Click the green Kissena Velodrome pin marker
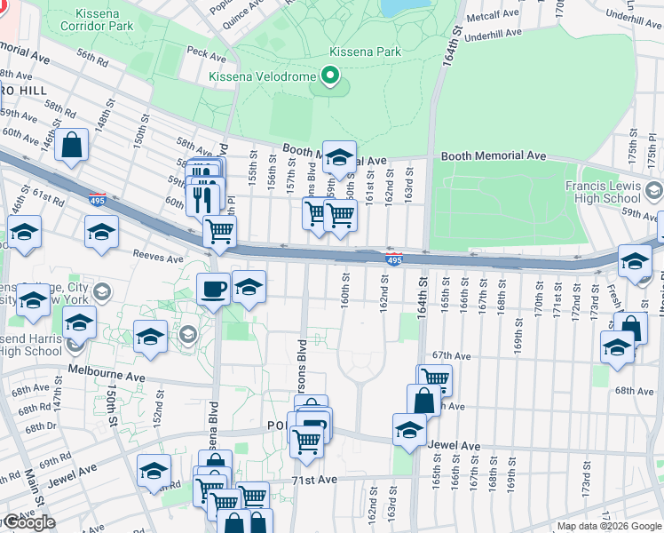coord(332,77)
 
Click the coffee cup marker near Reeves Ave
coord(214,290)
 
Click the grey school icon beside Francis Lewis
coord(654,191)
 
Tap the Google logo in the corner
coord(28,523)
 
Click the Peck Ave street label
coord(206,54)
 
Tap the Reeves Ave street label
coord(156,254)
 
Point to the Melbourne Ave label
coord(106,376)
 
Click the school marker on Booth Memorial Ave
coord(338,158)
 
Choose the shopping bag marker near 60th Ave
coord(71,146)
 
